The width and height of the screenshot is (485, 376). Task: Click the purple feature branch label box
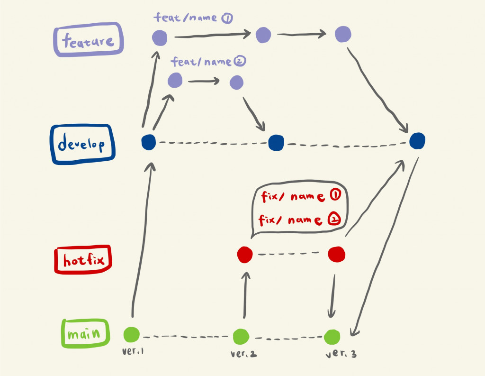click(88, 40)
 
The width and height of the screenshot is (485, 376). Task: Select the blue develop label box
click(82, 144)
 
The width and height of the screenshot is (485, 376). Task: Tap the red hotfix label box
click(82, 259)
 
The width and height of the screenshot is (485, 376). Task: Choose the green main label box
click(86, 333)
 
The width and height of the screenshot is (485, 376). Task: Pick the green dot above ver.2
click(241, 336)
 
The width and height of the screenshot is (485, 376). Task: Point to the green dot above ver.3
click(332, 337)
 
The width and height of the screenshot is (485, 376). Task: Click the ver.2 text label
click(244, 354)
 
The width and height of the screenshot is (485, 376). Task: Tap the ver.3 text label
click(341, 354)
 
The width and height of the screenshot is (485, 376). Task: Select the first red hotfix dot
click(245, 254)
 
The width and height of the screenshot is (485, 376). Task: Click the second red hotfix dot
click(337, 254)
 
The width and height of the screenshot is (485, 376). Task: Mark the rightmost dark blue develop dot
click(417, 140)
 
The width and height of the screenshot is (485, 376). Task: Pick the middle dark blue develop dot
click(275, 143)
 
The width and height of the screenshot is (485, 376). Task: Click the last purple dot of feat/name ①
click(342, 34)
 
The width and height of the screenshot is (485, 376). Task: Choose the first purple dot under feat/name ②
click(175, 80)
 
